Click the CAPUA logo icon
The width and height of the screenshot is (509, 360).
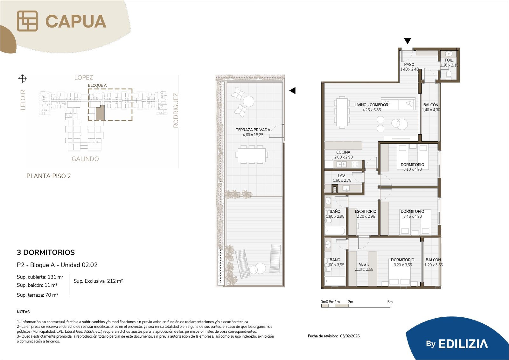pos(27,21)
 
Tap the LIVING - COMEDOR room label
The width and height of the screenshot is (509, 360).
pos(371,105)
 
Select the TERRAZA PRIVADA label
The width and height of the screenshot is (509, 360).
pos(253,130)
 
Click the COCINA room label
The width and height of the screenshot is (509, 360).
pos(343,152)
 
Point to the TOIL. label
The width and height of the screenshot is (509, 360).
pos(449,60)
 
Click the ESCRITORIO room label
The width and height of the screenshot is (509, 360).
pos(366,211)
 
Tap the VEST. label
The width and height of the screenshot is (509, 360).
pos(364,264)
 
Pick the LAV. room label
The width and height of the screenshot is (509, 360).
pos(342,176)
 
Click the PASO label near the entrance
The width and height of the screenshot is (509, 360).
pos(409,65)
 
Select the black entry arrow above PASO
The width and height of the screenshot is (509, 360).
pos(408,41)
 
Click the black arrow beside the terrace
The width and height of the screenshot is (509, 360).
pos(292,90)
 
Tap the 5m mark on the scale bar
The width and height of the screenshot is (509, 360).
pos(390,302)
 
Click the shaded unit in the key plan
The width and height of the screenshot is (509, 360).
pos(100,113)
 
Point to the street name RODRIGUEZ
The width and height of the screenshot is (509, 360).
pos(176,110)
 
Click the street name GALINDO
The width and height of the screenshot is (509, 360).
pos(85,159)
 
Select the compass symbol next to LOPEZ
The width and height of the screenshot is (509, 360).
pos(22,79)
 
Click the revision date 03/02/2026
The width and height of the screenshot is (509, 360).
pos(350,336)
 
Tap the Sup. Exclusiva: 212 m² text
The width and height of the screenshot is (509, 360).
pos(98,281)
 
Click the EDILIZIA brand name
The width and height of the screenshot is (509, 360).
pos(463,344)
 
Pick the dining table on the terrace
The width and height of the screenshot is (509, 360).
pos(252,155)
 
